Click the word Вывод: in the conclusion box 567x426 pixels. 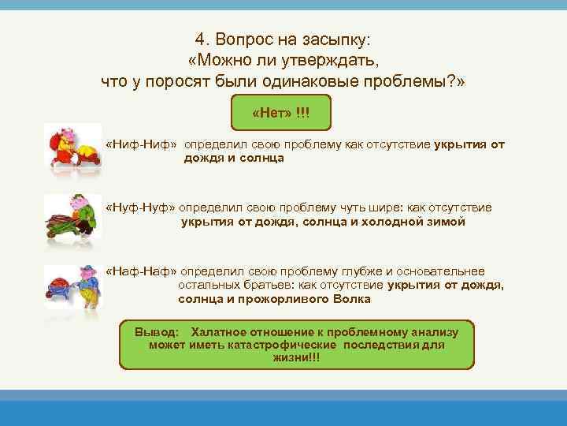(x=157, y=332)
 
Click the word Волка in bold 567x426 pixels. (x=351, y=299)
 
